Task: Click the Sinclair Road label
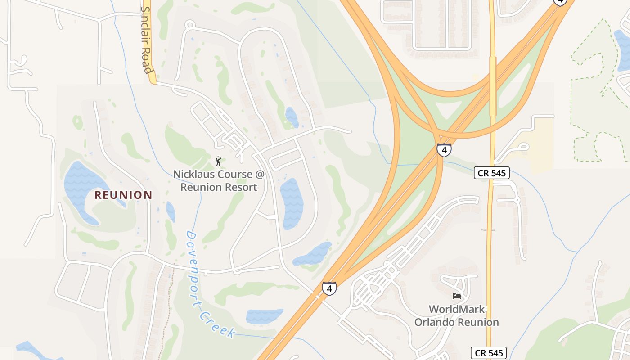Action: coord(146,40)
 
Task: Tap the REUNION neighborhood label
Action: coord(123,195)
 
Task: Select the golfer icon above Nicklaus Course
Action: coord(218,161)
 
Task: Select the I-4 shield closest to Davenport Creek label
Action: coord(329,288)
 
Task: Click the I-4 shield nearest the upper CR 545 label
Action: coord(444,150)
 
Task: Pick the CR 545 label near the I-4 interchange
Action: coord(491,172)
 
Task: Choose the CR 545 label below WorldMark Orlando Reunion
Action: coord(489,353)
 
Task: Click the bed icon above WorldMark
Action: coord(456,296)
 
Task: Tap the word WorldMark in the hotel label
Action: coord(456,309)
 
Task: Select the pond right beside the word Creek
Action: coord(264,316)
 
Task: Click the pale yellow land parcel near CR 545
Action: coord(542,144)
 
